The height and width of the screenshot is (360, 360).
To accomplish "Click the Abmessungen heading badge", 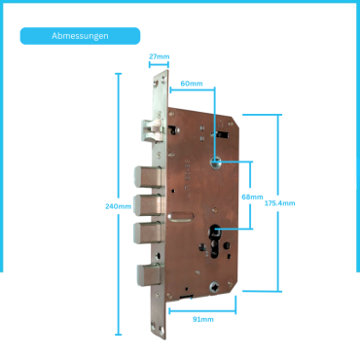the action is pyautogui.click(x=80, y=36).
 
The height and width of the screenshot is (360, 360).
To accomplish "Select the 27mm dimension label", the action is pyautogui.click(x=160, y=56).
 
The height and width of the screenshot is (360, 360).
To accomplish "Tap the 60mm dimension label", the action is pyautogui.click(x=192, y=84).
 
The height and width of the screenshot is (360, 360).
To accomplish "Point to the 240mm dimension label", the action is pyautogui.click(x=119, y=206).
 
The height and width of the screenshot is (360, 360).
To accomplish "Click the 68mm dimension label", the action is pyautogui.click(x=253, y=197).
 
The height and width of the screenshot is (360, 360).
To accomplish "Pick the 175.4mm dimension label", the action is pyautogui.click(x=280, y=203).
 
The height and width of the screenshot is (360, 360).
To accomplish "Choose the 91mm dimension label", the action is pyautogui.click(x=203, y=319).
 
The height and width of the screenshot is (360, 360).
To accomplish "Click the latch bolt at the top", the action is pyautogui.click(x=152, y=130).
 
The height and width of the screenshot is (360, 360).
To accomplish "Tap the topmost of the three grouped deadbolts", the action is pyautogui.click(x=148, y=177).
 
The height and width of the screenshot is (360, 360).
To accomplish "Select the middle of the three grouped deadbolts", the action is pyautogui.click(x=148, y=205).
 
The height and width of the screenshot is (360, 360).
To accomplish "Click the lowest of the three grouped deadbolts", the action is pyautogui.click(x=148, y=233).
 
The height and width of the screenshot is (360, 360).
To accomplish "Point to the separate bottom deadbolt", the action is pyautogui.click(x=149, y=274).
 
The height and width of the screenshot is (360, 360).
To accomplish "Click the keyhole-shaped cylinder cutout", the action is pyautogui.click(x=215, y=241).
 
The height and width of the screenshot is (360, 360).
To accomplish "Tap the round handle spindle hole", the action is pyautogui.click(x=215, y=163).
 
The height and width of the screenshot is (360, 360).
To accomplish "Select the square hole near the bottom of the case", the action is pyautogui.click(x=214, y=287).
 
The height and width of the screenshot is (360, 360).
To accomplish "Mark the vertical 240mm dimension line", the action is pyautogui.click(x=119, y=204).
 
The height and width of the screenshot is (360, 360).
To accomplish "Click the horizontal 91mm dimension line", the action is pyautogui.click(x=202, y=311).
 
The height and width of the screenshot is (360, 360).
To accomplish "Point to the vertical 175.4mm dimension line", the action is pyautogui.click(x=278, y=203).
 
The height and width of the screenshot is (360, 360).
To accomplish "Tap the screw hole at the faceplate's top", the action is pyautogui.click(x=162, y=78).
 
